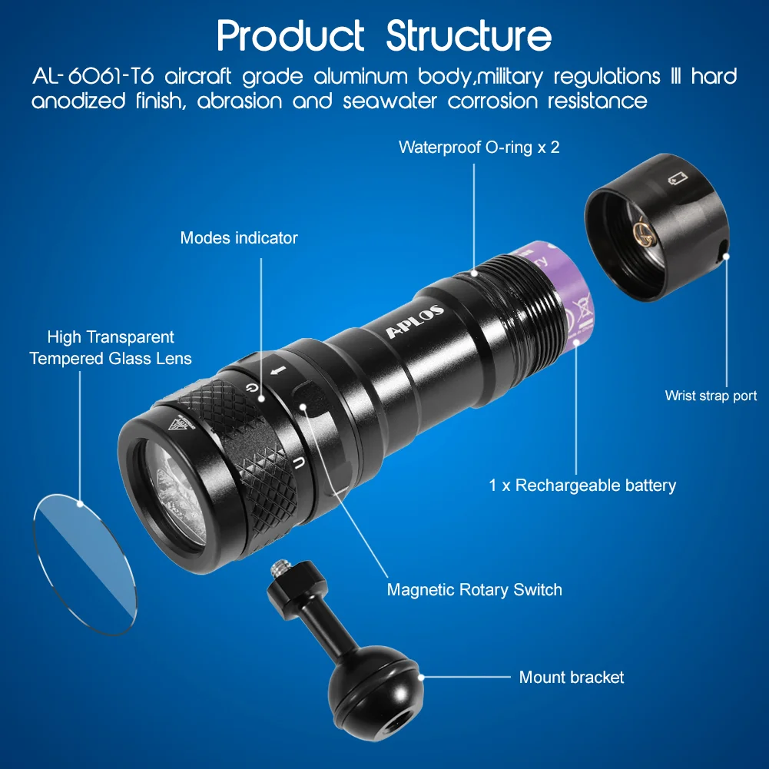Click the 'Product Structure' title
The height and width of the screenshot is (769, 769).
point(384,35)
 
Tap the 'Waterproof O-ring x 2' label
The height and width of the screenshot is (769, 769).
point(479,147)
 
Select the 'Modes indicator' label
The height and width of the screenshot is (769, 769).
point(239,238)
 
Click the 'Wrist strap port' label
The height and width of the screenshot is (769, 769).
point(711,396)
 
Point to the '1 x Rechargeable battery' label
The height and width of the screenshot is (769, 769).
point(582,486)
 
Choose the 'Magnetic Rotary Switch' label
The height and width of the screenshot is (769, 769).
point(474,590)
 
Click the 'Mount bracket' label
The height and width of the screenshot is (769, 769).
point(572,678)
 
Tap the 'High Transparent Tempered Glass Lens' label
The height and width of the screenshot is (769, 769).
point(111,347)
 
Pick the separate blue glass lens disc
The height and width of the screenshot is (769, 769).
point(84,565)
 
